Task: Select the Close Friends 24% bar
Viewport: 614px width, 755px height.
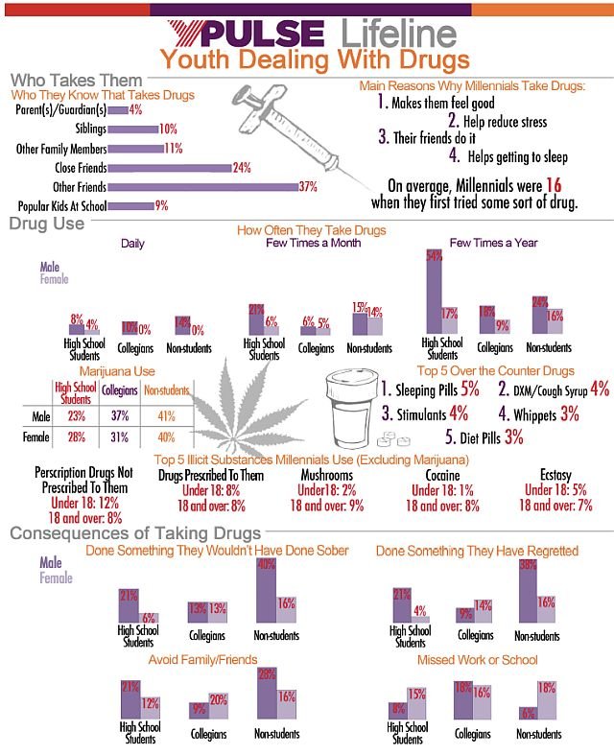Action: pyautogui.click(x=169, y=168)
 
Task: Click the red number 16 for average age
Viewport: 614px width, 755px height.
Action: pyautogui.click(x=551, y=186)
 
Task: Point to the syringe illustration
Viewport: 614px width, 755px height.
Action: pyautogui.click(x=287, y=134)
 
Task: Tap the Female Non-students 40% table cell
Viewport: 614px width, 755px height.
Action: pyautogui.click(x=164, y=438)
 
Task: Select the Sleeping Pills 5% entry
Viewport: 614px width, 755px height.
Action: pyautogui.click(x=430, y=390)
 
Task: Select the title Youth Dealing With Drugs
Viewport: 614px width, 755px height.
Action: pyautogui.click(x=314, y=59)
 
